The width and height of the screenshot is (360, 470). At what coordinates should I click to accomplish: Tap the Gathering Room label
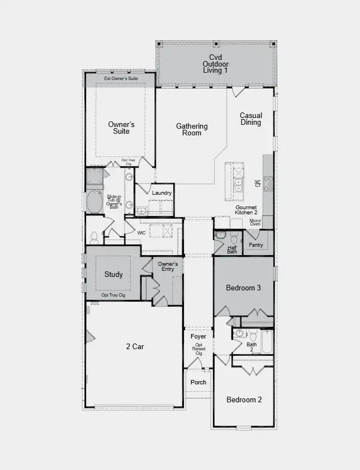coord(192,129)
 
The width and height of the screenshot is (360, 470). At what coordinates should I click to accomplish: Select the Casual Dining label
coord(250,119)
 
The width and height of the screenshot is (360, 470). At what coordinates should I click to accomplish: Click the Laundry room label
coord(162,193)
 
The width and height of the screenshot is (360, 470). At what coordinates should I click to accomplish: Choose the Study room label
coord(113,275)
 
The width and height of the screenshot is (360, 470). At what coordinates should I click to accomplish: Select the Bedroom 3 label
coord(244,288)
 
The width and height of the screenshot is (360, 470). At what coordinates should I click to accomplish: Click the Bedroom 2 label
coord(244,399)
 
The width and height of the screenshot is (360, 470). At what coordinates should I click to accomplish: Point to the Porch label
coord(198,382)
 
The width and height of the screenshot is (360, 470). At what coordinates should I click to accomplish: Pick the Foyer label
coord(198,336)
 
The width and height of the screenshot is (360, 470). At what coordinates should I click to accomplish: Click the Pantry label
coord(256,245)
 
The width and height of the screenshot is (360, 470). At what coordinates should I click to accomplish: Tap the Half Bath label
coord(232,250)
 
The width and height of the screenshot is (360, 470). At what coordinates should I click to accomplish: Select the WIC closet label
coord(141,232)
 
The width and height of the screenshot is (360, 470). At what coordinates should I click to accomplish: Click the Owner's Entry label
coord(168,266)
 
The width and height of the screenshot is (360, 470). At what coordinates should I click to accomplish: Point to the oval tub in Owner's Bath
coord(93,202)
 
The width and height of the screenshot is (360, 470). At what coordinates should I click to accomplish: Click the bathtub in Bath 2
coord(267,342)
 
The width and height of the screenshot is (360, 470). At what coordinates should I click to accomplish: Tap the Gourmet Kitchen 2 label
coord(246,210)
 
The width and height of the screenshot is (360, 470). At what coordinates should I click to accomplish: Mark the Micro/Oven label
coord(255,222)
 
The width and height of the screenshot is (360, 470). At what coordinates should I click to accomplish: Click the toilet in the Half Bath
coord(234,239)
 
